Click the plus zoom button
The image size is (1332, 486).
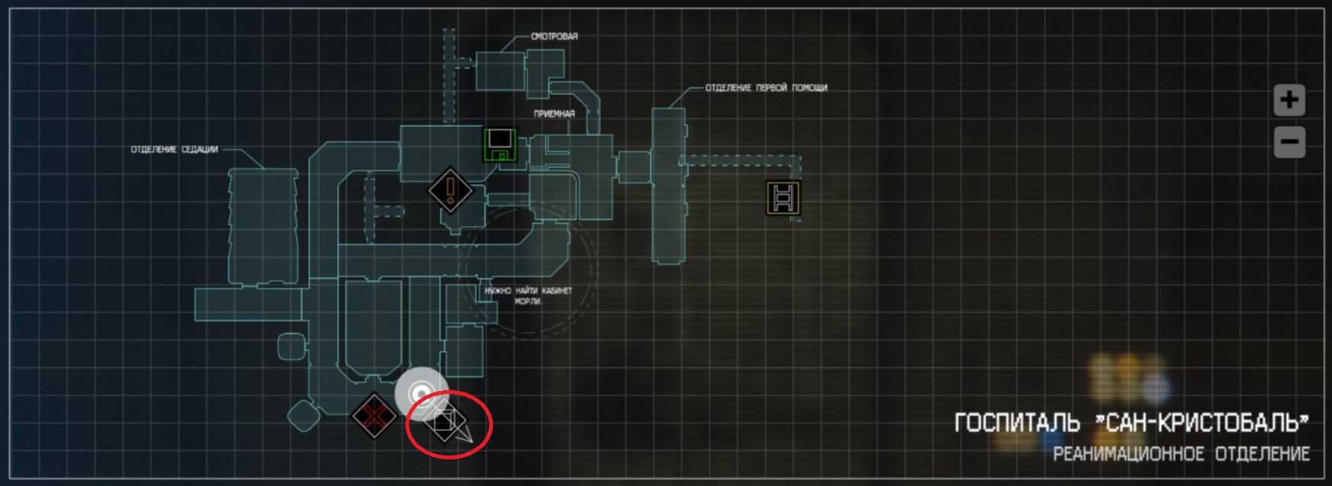point(1289,100)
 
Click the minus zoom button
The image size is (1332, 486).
point(1289,142)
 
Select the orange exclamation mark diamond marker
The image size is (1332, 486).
point(451,189)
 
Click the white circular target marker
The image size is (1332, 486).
point(421,393)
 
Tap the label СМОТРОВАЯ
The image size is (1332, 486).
point(555,37)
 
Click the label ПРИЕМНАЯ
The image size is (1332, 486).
point(554,114)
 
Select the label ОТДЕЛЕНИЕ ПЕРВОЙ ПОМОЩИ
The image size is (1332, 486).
point(766,88)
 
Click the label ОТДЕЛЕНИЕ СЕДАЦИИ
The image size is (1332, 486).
point(174,150)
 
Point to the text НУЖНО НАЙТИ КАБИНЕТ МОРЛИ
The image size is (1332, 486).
point(528,296)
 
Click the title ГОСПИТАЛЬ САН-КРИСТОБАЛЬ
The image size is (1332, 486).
point(1132,423)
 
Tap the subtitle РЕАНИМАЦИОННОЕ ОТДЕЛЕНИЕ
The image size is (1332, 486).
point(1181,455)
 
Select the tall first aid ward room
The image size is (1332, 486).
point(667,186)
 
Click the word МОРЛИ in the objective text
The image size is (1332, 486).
point(528,302)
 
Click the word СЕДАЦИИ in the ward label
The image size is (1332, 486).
point(201,150)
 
